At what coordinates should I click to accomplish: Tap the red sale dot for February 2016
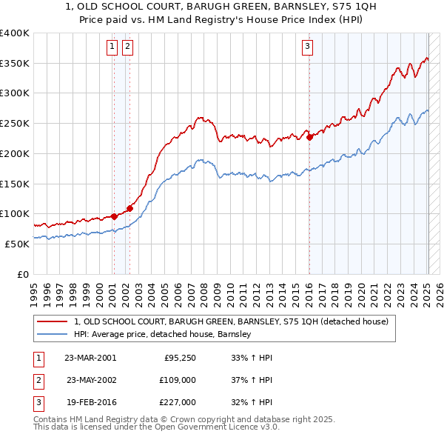click(x=309, y=137)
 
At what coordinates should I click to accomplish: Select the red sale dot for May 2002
click(x=129, y=208)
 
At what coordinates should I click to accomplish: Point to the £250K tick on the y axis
click(x=15, y=124)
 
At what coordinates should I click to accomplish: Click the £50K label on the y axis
click(x=17, y=244)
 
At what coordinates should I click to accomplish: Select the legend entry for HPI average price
click(x=163, y=334)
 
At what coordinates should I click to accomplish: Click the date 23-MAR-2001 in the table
click(x=90, y=358)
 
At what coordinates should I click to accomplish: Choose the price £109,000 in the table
click(x=178, y=380)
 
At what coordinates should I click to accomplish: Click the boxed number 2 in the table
click(x=37, y=380)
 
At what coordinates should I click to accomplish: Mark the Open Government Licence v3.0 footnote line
click(x=156, y=427)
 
